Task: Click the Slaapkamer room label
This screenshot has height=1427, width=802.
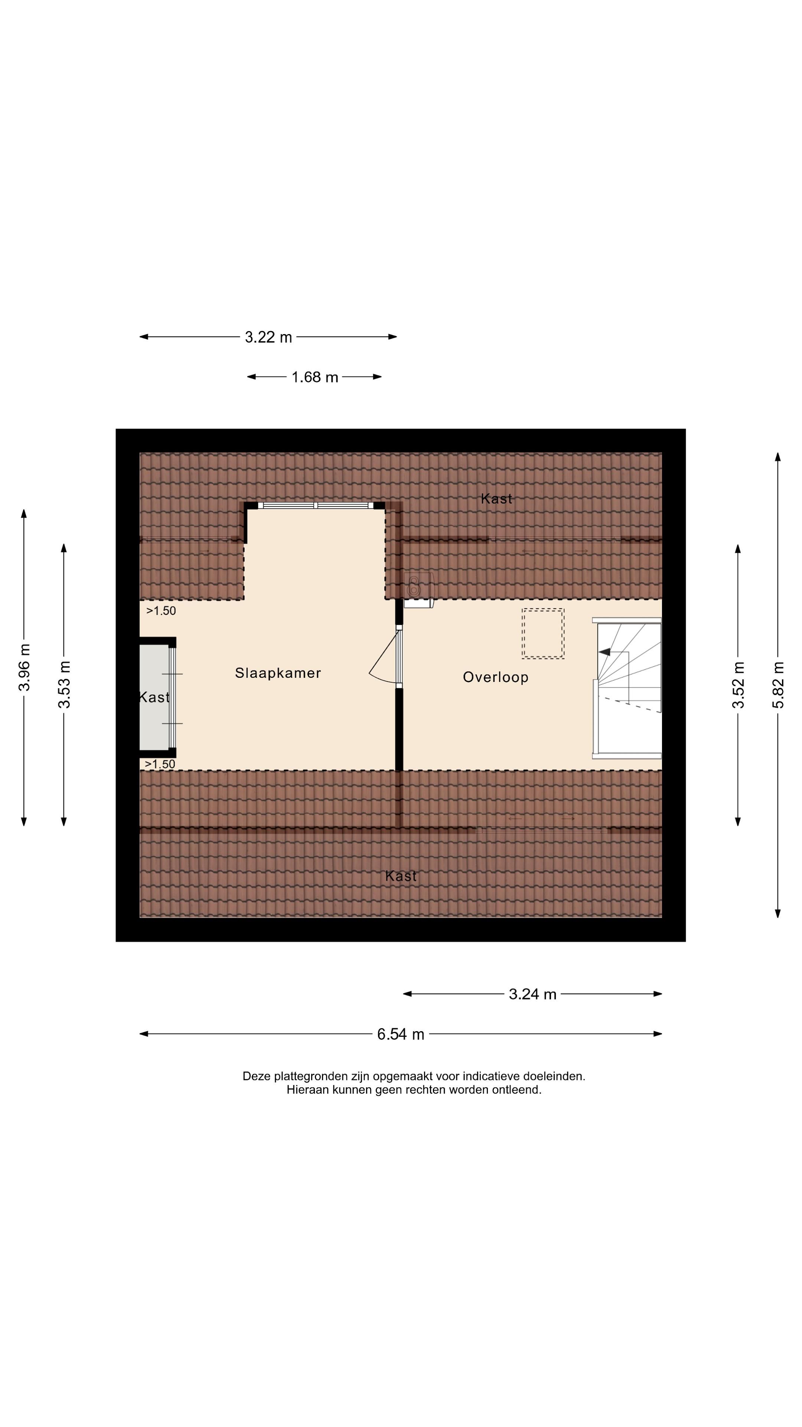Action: pos(278,673)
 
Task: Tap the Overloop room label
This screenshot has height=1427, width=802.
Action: pos(495,677)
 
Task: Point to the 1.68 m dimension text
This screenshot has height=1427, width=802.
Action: pos(314,377)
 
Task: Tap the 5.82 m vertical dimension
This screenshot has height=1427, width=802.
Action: pos(779,685)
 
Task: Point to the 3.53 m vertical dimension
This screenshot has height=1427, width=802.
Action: pos(65,685)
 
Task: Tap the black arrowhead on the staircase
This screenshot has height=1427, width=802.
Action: pos(604,652)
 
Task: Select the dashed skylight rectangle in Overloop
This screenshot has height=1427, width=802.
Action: pos(543,634)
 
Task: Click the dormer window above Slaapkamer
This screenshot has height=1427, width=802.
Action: pos(316,505)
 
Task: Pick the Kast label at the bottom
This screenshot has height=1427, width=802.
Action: pos(401,876)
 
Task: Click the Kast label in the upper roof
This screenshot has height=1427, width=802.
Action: pos(496,499)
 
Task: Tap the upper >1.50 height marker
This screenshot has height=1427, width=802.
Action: pos(161,611)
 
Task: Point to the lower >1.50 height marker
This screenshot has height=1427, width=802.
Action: pos(160,764)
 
